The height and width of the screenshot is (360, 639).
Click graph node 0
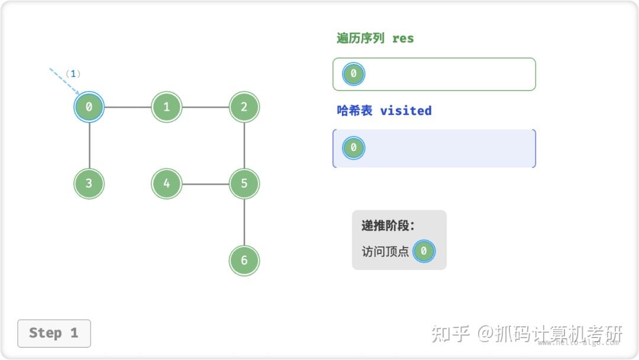[89, 107]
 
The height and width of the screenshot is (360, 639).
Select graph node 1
[167, 107]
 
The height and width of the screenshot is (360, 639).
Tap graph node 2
[244, 107]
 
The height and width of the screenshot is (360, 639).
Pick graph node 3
[89, 184]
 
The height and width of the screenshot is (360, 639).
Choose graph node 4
[167, 184]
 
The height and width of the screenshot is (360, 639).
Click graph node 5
[244, 184]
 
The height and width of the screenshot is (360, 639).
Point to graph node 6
[244, 260]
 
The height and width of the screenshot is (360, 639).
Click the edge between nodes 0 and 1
[128, 107]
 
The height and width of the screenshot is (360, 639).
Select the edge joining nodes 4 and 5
[205, 184]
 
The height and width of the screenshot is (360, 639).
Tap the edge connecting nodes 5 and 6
[244, 222]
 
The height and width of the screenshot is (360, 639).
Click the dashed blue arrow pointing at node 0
[64, 81]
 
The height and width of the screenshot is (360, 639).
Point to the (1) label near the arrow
[73, 74]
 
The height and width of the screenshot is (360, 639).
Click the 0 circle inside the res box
[353, 74]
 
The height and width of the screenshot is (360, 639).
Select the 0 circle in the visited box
[353, 147]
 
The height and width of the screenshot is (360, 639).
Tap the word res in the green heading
[403, 38]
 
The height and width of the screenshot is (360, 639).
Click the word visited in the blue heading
[405, 111]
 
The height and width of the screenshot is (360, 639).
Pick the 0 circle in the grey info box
[424, 251]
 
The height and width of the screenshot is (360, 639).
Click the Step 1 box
[54, 333]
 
